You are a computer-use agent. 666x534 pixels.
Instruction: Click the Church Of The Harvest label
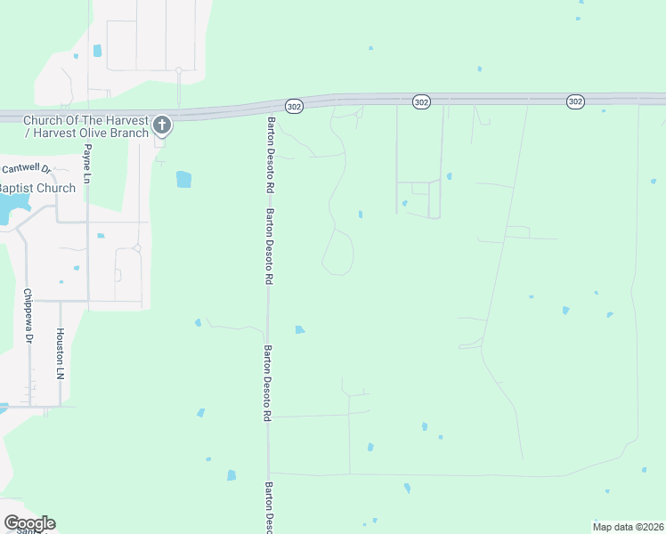[x=85, y=120]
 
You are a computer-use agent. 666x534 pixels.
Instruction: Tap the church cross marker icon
[x=161, y=125]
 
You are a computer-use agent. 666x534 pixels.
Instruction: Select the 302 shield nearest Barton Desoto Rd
[x=296, y=106]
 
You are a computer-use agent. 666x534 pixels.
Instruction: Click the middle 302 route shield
[x=421, y=103]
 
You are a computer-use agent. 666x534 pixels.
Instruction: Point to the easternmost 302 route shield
[x=575, y=102]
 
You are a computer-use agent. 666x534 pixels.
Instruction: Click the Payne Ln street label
[x=87, y=166]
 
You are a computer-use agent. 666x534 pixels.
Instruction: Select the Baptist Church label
[x=37, y=189]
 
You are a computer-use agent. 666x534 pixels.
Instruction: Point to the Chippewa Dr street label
[x=28, y=316]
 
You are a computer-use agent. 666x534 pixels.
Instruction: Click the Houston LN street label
[x=61, y=353]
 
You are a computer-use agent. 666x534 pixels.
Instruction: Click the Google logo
[x=29, y=523]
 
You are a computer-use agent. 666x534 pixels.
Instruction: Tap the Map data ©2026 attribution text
[x=628, y=527]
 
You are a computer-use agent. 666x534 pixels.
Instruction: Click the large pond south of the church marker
[x=183, y=179]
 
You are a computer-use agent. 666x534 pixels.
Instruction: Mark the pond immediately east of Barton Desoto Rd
[x=300, y=329]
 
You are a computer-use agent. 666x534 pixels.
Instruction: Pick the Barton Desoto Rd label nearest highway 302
[x=268, y=156]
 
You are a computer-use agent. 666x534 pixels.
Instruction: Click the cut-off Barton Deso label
[x=269, y=507]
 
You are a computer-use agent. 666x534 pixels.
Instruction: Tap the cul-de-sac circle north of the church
[x=178, y=69]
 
